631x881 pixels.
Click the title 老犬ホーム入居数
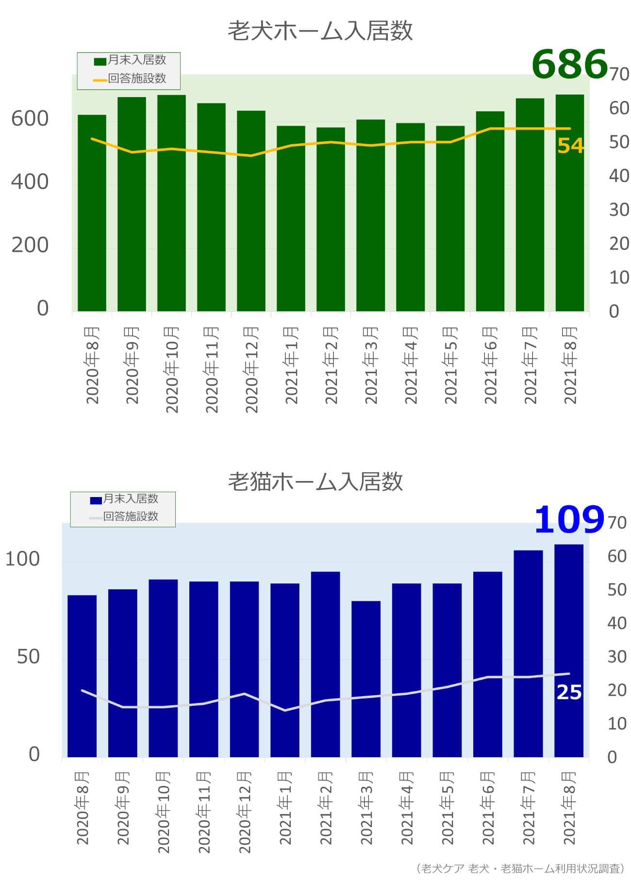click(x=320, y=31)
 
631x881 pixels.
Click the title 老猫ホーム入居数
click(x=315, y=482)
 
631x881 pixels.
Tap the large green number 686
click(x=570, y=64)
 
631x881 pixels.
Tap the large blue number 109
click(x=569, y=519)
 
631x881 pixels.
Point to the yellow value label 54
click(x=570, y=146)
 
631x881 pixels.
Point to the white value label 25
click(x=569, y=692)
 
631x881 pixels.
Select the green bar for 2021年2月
click(x=331, y=219)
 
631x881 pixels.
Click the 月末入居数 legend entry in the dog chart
click(x=130, y=60)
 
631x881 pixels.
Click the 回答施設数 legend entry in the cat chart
click(x=124, y=516)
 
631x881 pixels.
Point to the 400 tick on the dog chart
click(x=30, y=182)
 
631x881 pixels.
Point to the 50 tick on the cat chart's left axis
click(x=28, y=657)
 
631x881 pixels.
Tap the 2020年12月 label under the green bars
click(x=251, y=369)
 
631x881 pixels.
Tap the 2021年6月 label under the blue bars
click(x=488, y=808)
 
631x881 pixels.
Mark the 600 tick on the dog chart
click(x=30, y=119)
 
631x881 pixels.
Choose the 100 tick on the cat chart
click(x=22, y=559)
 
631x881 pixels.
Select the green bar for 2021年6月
click(x=490, y=211)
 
